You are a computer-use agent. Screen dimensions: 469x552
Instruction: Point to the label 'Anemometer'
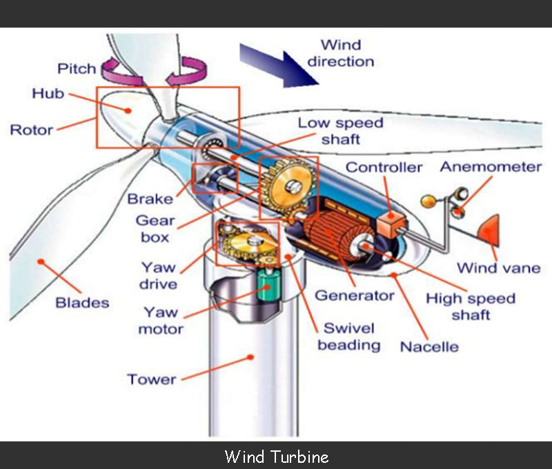coord(491,167)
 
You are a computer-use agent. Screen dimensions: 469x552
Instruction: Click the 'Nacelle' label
coord(429,346)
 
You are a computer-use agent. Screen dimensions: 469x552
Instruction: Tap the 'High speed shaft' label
coord(471,307)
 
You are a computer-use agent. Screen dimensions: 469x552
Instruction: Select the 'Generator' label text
coord(355,295)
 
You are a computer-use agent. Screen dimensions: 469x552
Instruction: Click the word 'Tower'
coord(151,379)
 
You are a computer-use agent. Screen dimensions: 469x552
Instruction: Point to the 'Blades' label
coord(82,302)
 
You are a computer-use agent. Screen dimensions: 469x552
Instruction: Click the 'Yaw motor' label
coord(161,320)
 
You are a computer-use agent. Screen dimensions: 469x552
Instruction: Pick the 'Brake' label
coord(150,199)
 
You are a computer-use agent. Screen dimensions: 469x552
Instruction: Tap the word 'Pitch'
coord(76,69)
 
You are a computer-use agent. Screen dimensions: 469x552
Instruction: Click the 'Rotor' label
coord(31,129)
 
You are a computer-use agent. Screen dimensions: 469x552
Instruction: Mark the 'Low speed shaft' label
coord(340,131)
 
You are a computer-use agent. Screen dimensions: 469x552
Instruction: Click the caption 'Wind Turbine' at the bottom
coord(276,457)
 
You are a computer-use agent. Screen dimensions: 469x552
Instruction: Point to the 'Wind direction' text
coord(341,54)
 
